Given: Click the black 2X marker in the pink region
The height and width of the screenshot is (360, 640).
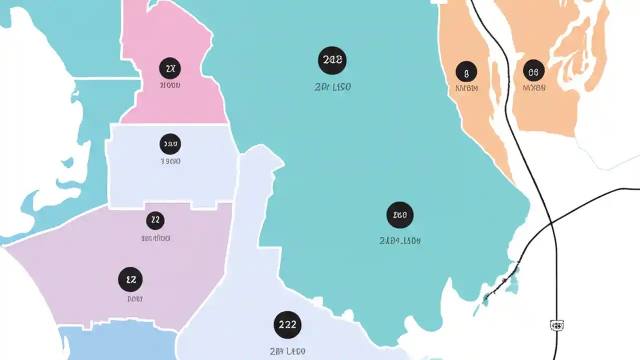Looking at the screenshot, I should point(170,68).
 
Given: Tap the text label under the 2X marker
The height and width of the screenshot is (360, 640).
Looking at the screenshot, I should point(170,85).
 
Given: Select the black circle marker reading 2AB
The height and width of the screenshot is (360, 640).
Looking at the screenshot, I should point(332,60).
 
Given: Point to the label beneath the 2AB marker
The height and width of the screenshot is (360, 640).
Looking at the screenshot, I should point(332,87).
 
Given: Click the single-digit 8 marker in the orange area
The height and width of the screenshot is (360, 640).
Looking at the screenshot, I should point(466,72).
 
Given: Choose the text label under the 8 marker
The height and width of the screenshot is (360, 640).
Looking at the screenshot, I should point(466,88).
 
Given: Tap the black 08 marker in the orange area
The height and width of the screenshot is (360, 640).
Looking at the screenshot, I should point(533,71).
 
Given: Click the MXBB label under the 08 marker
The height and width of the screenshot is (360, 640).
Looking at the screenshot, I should point(533,88).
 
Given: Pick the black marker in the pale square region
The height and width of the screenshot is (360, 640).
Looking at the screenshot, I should point(170,144).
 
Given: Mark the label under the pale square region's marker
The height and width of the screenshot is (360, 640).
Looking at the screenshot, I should point(170,161).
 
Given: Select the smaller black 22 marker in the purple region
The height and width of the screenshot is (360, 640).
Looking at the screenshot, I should point(155,220).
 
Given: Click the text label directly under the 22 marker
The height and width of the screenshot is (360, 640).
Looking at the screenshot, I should point(155,238).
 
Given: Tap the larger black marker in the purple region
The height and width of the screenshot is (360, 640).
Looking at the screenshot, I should point(130,279).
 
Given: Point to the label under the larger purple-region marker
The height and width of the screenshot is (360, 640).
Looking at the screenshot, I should point(134,299).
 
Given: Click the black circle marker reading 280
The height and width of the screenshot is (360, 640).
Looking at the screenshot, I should point(400,215).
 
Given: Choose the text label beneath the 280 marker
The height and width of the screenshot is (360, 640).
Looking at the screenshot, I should point(400,240).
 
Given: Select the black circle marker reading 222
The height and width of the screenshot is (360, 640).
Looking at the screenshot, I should point(287,324).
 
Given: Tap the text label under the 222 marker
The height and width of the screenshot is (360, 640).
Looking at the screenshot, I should point(287,351).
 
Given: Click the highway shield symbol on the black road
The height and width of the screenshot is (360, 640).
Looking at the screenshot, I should point(556,325).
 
